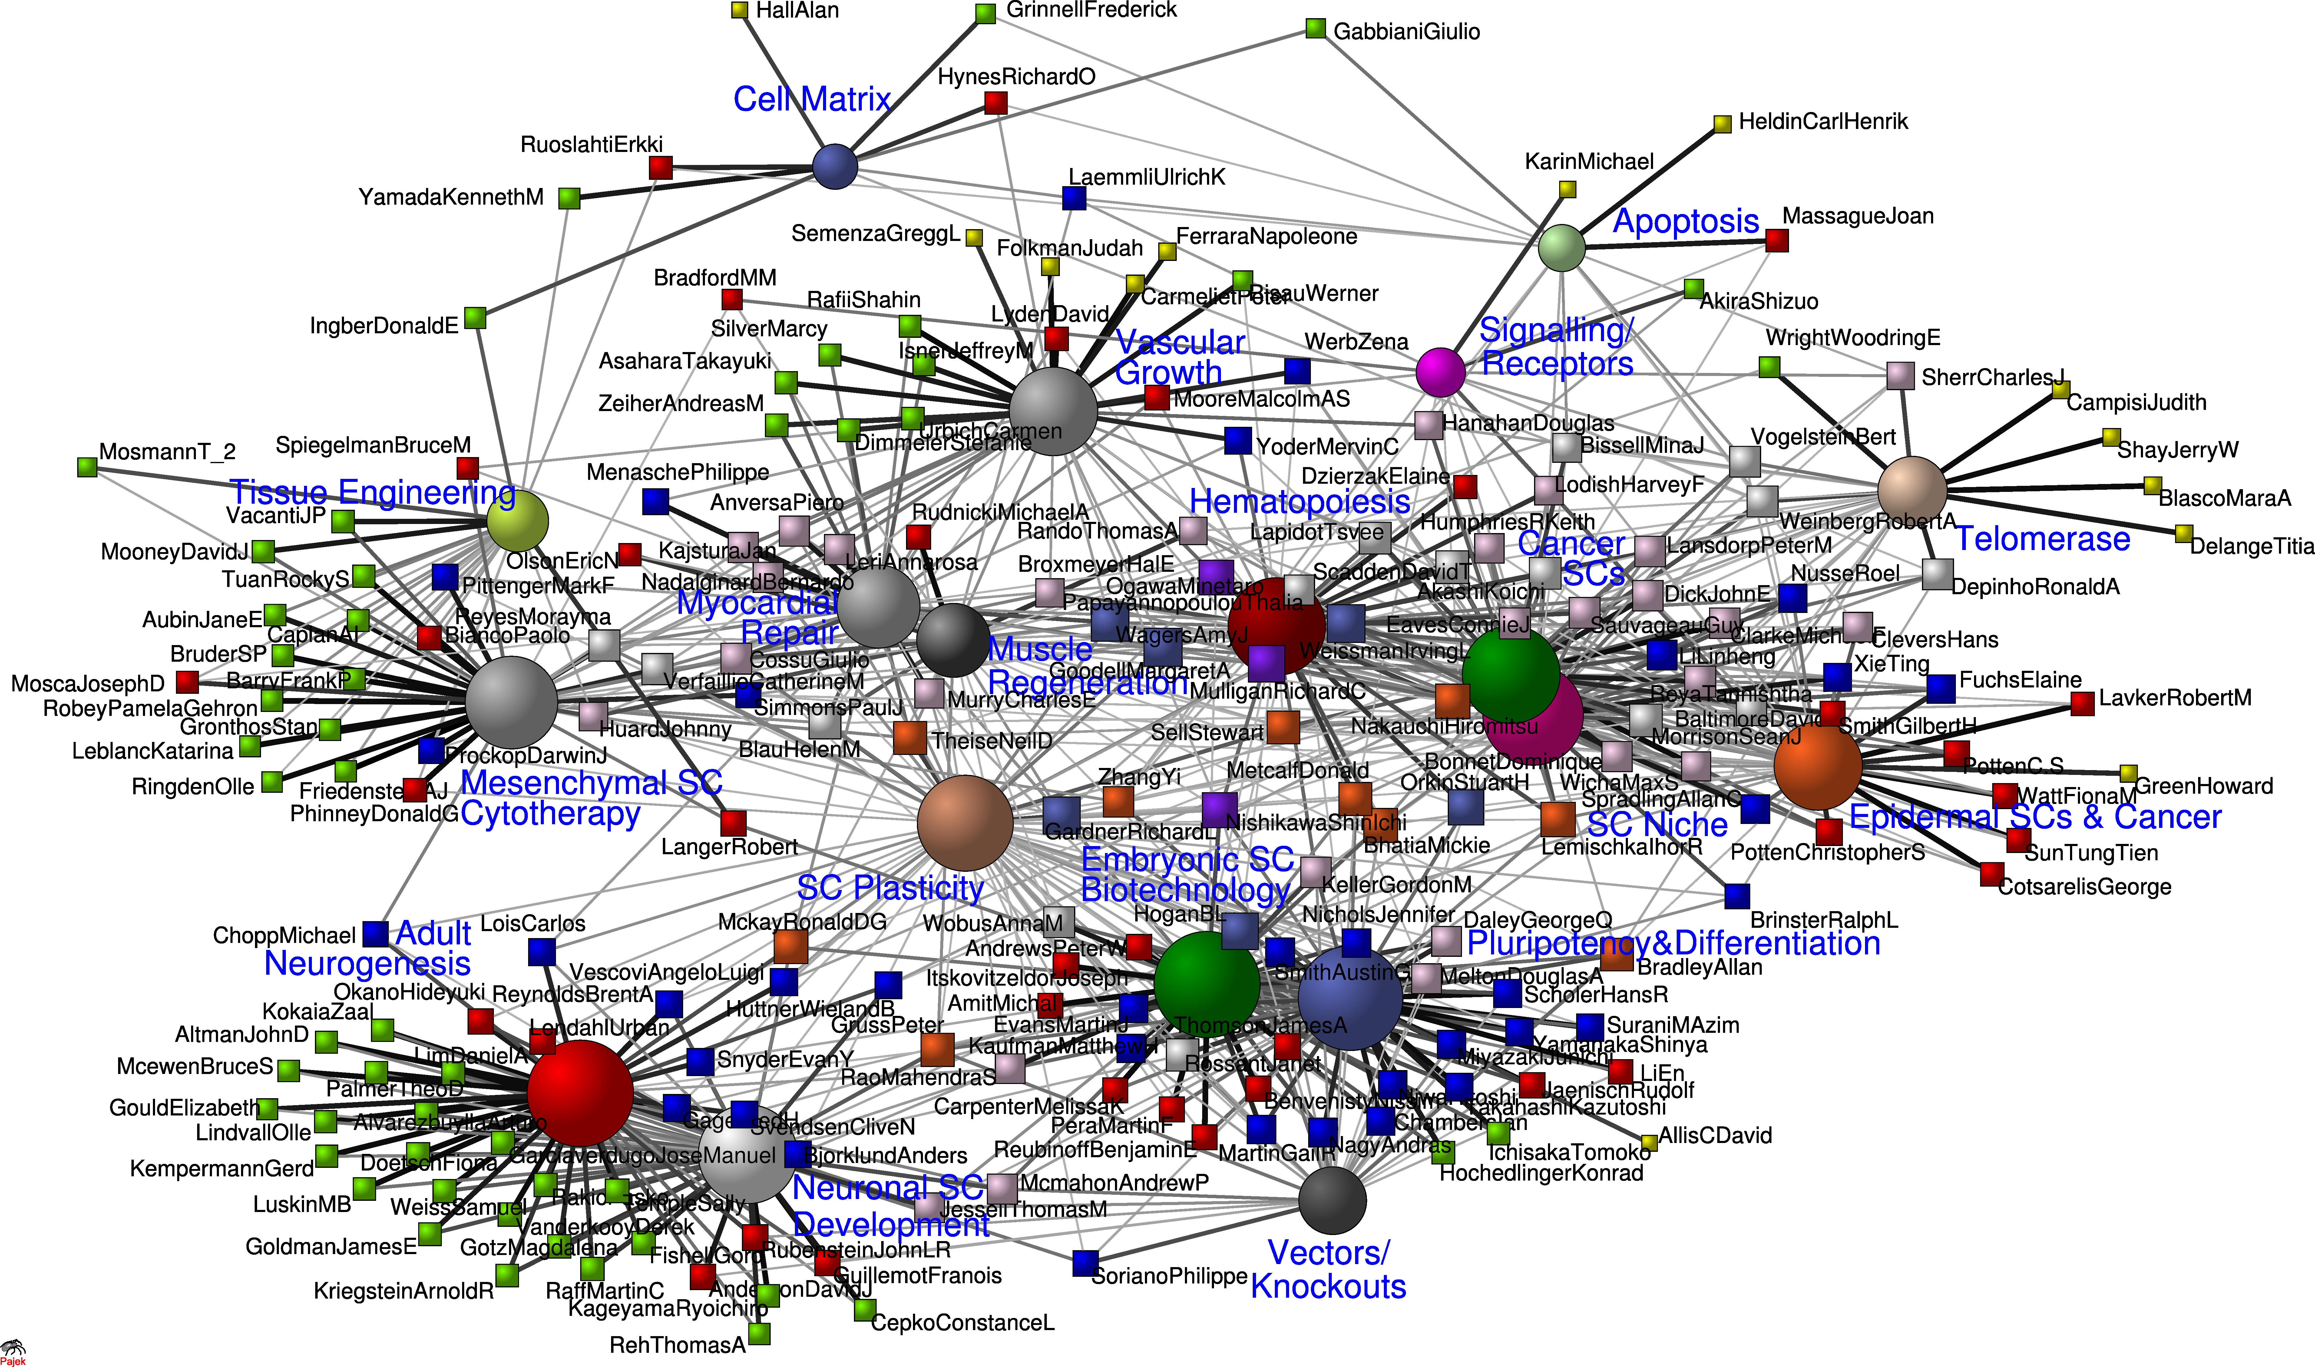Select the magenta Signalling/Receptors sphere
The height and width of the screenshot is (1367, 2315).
[x=1440, y=372]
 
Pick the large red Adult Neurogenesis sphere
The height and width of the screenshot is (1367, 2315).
[x=580, y=1092]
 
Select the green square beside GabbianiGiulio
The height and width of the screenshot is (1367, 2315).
[x=1315, y=29]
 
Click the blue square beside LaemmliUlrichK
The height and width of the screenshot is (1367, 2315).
[x=1074, y=198]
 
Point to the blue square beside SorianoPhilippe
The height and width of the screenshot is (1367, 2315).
[x=1085, y=1263]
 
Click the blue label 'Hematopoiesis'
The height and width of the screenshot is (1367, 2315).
[x=1299, y=502]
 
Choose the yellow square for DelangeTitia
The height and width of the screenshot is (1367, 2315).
[x=2182, y=533]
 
